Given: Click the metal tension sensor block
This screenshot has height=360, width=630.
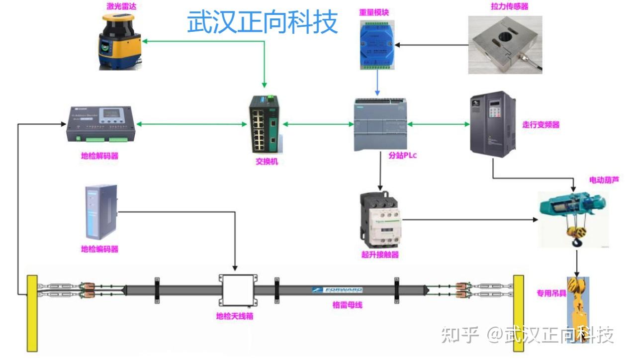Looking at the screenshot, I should point(504,45).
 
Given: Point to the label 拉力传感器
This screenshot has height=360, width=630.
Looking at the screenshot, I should point(509,6).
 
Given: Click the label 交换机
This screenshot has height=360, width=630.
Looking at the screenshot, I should point(267,162).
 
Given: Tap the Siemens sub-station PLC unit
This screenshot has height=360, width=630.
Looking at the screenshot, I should point(380,124).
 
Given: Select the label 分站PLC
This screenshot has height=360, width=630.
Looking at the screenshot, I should point(402,155).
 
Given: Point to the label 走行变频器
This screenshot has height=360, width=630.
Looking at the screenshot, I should point(540,125).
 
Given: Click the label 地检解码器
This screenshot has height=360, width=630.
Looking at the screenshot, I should point(99,156).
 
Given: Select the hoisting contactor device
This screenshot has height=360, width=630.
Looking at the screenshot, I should point(380,219).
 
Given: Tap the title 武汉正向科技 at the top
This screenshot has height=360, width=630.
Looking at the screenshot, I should point(262,22).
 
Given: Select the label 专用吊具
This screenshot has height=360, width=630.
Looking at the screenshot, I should point(551,293).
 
